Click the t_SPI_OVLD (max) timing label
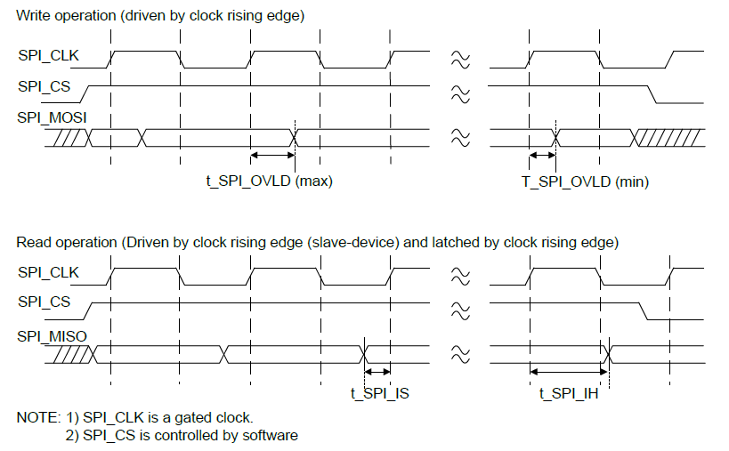pyautogui.click(x=269, y=181)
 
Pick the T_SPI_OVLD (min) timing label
pyautogui.click(x=585, y=181)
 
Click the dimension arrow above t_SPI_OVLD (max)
pyautogui.click(x=272, y=156)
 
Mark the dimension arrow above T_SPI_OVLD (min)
pyautogui.click(x=541, y=156)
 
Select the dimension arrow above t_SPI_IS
pyautogui.click(x=378, y=371)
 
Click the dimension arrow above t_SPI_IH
pyautogui.click(x=568, y=371)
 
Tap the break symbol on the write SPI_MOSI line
pyautogui.click(x=460, y=137)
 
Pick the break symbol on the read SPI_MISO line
pyautogui.click(x=460, y=353)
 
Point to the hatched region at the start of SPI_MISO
pyautogui.click(x=72, y=353)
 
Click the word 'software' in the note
pyautogui.click(x=271, y=435)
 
